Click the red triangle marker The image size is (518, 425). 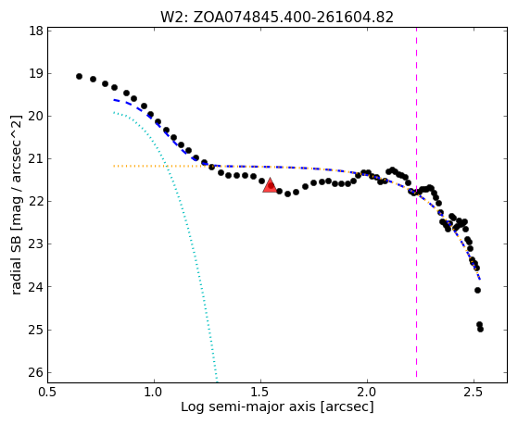[270, 185]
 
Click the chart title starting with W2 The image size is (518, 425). [277, 18]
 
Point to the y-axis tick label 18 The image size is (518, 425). [36, 31]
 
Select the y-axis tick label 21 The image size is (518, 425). [36, 159]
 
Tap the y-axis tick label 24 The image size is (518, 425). [36, 287]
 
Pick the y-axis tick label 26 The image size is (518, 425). [36, 372]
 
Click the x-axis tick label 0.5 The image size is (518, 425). [48, 393]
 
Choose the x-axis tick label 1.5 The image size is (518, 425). [261, 393]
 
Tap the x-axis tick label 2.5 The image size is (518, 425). [474, 393]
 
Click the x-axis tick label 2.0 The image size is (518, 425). [367, 393]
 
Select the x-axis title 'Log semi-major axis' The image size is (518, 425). [248, 407]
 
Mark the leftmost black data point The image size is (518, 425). [79, 76]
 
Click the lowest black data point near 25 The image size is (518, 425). [480, 329]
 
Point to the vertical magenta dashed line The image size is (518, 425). [416, 203]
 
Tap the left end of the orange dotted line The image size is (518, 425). [114, 166]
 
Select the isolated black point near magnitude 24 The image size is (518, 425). [477, 290]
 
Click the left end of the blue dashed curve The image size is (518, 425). [114, 100]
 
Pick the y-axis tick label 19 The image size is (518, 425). [36, 74]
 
